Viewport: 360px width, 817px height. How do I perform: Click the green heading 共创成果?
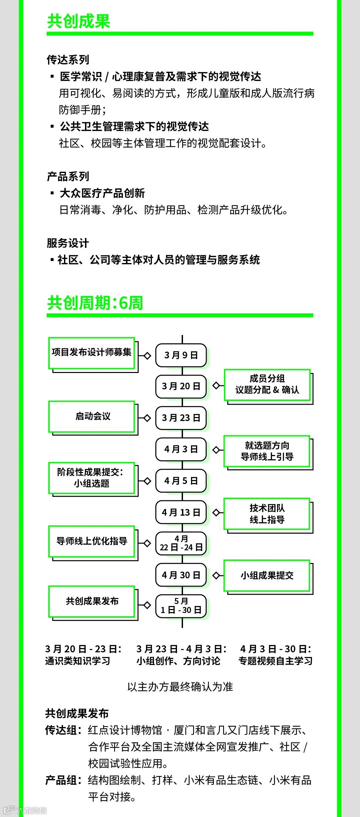(x=79, y=21)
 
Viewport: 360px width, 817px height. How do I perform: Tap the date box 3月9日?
(x=181, y=355)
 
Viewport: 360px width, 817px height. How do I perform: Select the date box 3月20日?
(x=181, y=386)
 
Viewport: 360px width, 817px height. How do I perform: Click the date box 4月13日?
(x=181, y=512)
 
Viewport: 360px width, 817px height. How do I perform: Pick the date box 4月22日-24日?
(x=181, y=543)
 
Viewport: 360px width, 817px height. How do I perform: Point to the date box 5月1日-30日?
(x=181, y=606)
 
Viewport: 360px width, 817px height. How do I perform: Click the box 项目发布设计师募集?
(x=92, y=353)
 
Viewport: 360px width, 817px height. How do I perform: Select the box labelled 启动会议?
(x=92, y=417)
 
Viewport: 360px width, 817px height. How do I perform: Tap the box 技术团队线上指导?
(x=267, y=514)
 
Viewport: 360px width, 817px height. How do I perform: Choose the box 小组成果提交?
(x=267, y=576)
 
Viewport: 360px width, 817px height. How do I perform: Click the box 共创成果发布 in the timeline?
(x=92, y=601)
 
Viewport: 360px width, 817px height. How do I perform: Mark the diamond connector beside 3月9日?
(x=147, y=356)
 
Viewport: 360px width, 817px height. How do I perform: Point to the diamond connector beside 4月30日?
(x=216, y=576)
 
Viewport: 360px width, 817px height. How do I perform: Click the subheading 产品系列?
(x=68, y=176)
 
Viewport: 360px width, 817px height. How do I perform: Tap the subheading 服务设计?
(x=68, y=243)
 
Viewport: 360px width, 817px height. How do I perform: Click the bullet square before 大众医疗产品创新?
(x=52, y=193)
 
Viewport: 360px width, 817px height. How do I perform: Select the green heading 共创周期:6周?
(x=95, y=303)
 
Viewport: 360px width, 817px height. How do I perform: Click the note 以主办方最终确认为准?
(x=180, y=687)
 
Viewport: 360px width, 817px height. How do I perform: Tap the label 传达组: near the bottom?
(x=63, y=730)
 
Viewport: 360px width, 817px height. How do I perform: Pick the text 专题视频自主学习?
(x=275, y=661)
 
